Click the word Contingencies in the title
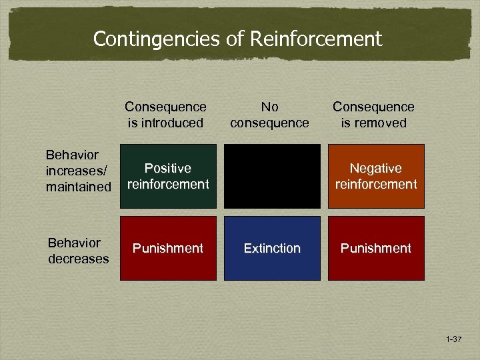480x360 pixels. pos(156,39)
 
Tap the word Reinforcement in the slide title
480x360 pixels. pos(317,39)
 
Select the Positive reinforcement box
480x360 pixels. pos(168,176)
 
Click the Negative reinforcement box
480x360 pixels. pos(376,176)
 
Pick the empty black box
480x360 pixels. pos(272,176)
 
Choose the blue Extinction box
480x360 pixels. pos(272,248)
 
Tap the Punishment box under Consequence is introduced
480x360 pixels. pos(168,248)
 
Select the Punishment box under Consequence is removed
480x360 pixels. pos(376,248)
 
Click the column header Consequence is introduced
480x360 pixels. pos(165,115)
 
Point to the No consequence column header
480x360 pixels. pos(269,115)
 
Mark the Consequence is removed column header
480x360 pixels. pos(373,115)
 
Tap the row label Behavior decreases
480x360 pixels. pos(78,251)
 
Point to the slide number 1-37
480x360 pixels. pos(453,340)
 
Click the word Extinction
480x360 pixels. pos(272,248)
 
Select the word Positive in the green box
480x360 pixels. pos(168,169)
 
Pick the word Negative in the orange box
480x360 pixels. pos(376,169)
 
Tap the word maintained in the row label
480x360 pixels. pos(79,187)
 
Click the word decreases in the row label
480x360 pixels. pos(78,259)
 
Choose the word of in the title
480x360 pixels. pos(235,39)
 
